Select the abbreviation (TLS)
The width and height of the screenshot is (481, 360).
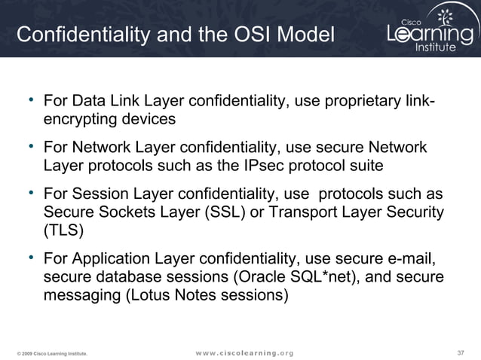[64, 229]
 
